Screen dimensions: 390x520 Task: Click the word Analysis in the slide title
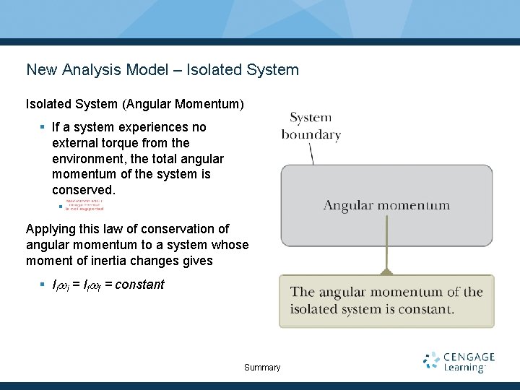pos(90,70)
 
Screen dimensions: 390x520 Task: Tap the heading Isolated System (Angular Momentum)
pos(135,105)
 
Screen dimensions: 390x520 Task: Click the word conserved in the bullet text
pos(83,190)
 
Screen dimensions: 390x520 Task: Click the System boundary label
pos(311,126)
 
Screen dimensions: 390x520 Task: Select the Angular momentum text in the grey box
pos(386,206)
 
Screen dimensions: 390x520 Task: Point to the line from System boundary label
pos(311,153)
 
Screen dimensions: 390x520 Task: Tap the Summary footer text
pos(262,368)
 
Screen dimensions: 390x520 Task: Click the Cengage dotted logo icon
pos(432,361)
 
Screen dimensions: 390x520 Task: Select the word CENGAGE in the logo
pos(469,357)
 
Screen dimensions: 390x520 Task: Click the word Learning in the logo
pos(464,368)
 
